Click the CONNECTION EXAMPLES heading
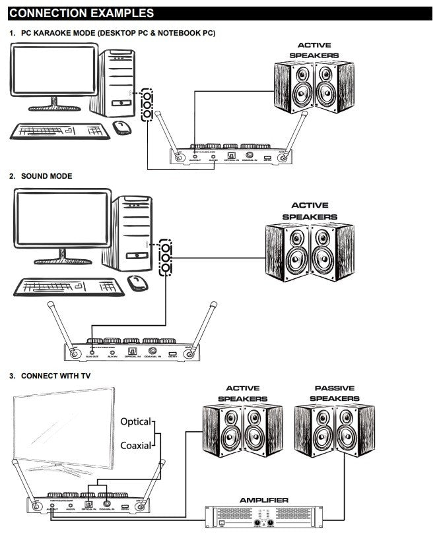click(82, 13)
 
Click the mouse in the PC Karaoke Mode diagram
click(121, 127)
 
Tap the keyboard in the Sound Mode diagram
click(67, 286)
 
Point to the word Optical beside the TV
click(135, 421)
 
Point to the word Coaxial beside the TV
click(136, 445)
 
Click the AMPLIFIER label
click(263, 500)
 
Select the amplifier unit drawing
click(263, 516)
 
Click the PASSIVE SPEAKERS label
click(334, 394)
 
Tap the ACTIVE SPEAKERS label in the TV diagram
click(242, 394)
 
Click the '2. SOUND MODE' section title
click(41, 177)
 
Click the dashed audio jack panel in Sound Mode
click(166, 258)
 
